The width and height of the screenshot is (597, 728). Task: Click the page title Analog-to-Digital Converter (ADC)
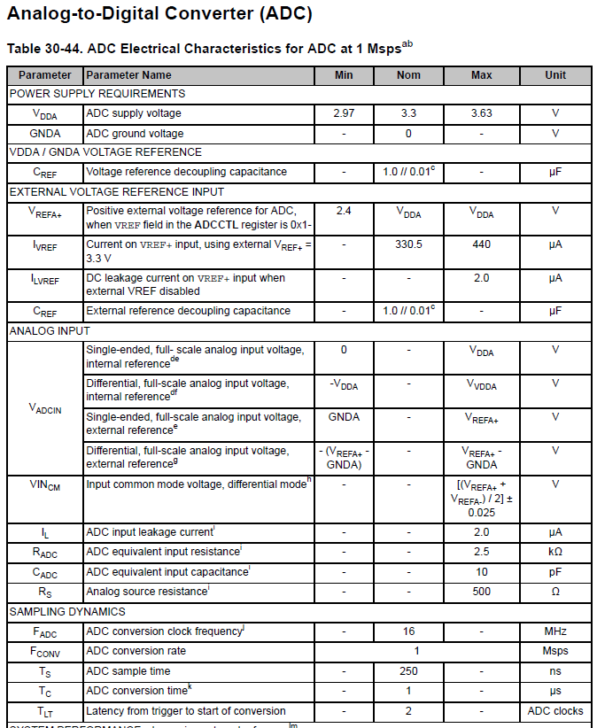(x=159, y=15)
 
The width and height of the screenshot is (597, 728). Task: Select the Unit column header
(x=555, y=75)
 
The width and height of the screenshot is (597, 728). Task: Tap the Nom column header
(x=408, y=75)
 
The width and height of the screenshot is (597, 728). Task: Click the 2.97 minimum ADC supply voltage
(x=344, y=113)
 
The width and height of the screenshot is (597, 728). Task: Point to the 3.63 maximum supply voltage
(x=482, y=113)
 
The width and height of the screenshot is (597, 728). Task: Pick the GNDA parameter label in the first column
(x=45, y=134)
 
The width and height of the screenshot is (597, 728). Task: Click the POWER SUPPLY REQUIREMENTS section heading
(x=97, y=94)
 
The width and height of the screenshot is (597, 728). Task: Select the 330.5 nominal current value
(x=408, y=244)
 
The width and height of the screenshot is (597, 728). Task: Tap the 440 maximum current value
(x=482, y=244)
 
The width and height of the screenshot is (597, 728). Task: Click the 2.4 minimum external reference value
(x=344, y=211)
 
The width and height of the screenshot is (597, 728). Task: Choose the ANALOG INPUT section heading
(x=50, y=331)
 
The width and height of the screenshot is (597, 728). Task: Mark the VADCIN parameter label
(x=45, y=408)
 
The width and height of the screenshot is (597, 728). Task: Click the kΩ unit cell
(x=555, y=553)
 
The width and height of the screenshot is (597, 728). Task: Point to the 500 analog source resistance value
(x=482, y=592)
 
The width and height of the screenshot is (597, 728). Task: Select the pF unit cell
(x=555, y=572)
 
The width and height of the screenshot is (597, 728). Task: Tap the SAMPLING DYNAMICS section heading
(x=67, y=612)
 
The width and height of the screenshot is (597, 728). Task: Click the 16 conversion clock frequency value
(x=408, y=631)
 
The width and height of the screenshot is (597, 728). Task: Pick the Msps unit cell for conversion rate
(x=555, y=651)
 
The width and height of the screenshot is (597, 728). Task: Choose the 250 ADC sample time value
(x=408, y=670)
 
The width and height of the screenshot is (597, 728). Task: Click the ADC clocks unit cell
(x=555, y=710)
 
